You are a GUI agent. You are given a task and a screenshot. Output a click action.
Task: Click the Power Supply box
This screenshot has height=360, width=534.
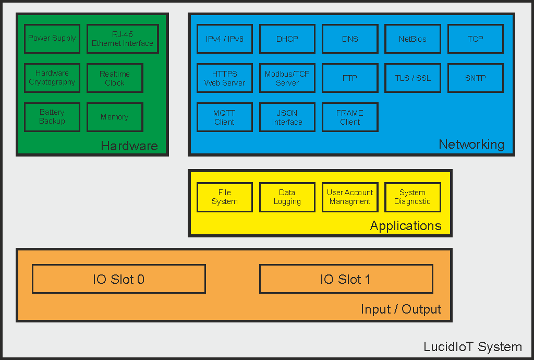52,39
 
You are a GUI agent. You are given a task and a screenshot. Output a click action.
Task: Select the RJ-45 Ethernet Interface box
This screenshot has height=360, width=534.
123,39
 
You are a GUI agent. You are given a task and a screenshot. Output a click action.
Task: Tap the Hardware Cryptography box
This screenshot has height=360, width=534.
52,78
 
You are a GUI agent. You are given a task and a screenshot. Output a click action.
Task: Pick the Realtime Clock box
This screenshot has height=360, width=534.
115,78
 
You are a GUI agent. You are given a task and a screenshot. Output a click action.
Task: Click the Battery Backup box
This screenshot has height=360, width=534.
52,117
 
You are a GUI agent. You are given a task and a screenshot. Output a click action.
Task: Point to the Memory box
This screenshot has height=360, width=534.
115,117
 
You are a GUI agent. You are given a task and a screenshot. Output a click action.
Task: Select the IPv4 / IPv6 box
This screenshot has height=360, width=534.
225,39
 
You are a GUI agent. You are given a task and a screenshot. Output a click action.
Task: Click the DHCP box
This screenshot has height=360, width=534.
287,39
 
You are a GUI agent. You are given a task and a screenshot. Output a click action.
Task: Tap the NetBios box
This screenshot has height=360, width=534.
412,39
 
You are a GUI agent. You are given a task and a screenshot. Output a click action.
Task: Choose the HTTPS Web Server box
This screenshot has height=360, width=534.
225,78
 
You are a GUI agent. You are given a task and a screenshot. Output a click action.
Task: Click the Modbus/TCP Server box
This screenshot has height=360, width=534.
287,78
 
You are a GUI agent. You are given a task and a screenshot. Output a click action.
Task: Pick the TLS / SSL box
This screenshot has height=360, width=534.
412,78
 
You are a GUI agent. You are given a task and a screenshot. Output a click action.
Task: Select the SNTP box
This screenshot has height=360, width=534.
476,78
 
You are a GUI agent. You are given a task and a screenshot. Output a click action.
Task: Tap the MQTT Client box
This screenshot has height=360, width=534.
225,117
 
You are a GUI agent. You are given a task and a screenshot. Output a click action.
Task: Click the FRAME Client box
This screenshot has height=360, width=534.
350,117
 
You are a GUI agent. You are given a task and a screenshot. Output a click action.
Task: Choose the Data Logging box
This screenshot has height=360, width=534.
287,197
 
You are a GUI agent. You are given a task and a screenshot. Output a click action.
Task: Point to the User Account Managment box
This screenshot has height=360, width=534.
350,197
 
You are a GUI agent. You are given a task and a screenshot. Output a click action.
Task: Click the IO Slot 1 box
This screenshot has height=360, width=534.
346,279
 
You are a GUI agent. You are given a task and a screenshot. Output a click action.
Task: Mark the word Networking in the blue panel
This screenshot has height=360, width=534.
471,145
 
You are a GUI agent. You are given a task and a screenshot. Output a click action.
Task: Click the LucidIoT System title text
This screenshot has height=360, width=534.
472,346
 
